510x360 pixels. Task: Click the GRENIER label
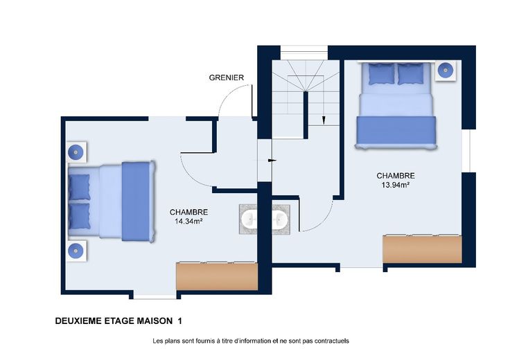227,78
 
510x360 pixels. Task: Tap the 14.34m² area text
188,222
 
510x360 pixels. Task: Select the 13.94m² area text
396,186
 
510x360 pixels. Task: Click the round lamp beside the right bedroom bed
446,70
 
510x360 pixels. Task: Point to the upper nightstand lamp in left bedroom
76,152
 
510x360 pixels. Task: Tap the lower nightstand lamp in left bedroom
76,251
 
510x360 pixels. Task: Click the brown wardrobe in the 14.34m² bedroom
217,276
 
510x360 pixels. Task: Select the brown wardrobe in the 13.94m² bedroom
422,249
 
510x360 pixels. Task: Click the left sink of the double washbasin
249,219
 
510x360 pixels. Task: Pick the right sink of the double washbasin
280,219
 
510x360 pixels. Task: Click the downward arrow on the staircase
324,120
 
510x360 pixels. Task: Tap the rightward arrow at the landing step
272,161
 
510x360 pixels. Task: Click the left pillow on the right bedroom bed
382,73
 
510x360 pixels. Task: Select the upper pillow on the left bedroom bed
79,187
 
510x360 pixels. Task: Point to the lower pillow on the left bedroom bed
79,216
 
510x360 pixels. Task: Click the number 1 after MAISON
180,321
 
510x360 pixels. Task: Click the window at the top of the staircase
304,53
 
